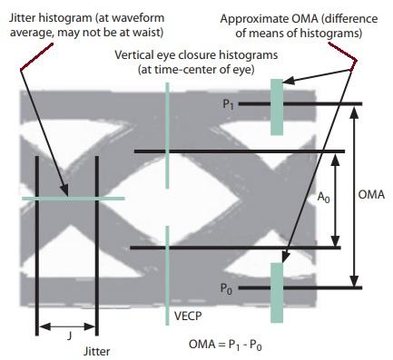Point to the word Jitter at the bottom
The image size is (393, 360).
click(x=97, y=350)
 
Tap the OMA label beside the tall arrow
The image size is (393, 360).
click(x=371, y=195)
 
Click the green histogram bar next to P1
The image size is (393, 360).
click(x=276, y=106)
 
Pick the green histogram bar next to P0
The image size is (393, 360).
click(x=276, y=288)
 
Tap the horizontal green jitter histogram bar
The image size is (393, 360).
click(x=73, y=198)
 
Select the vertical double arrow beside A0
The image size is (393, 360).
click(x=337, y=199)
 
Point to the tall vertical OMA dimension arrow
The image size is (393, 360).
click(x=355, y=195)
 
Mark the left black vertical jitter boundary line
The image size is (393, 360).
click(x=36, y=245)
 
